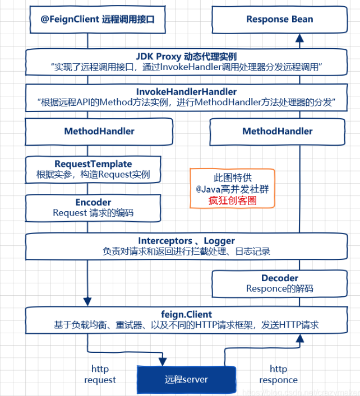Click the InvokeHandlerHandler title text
tap(186, 91)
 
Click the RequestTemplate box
tap(93, 169)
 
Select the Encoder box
tap(93, 207)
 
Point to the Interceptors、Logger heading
tap(186, 241)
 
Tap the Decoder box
tap(279, 283)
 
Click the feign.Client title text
tap(186, 314)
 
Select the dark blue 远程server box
tap(186, 380)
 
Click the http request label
tap(100, 374)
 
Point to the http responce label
tap(278, 374)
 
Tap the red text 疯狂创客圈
tap(232, 201)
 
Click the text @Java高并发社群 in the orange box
tap(232, 189)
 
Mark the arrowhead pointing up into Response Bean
tap(300, 38)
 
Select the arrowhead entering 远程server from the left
tap(163, 359)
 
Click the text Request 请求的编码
tap(93, 213)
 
